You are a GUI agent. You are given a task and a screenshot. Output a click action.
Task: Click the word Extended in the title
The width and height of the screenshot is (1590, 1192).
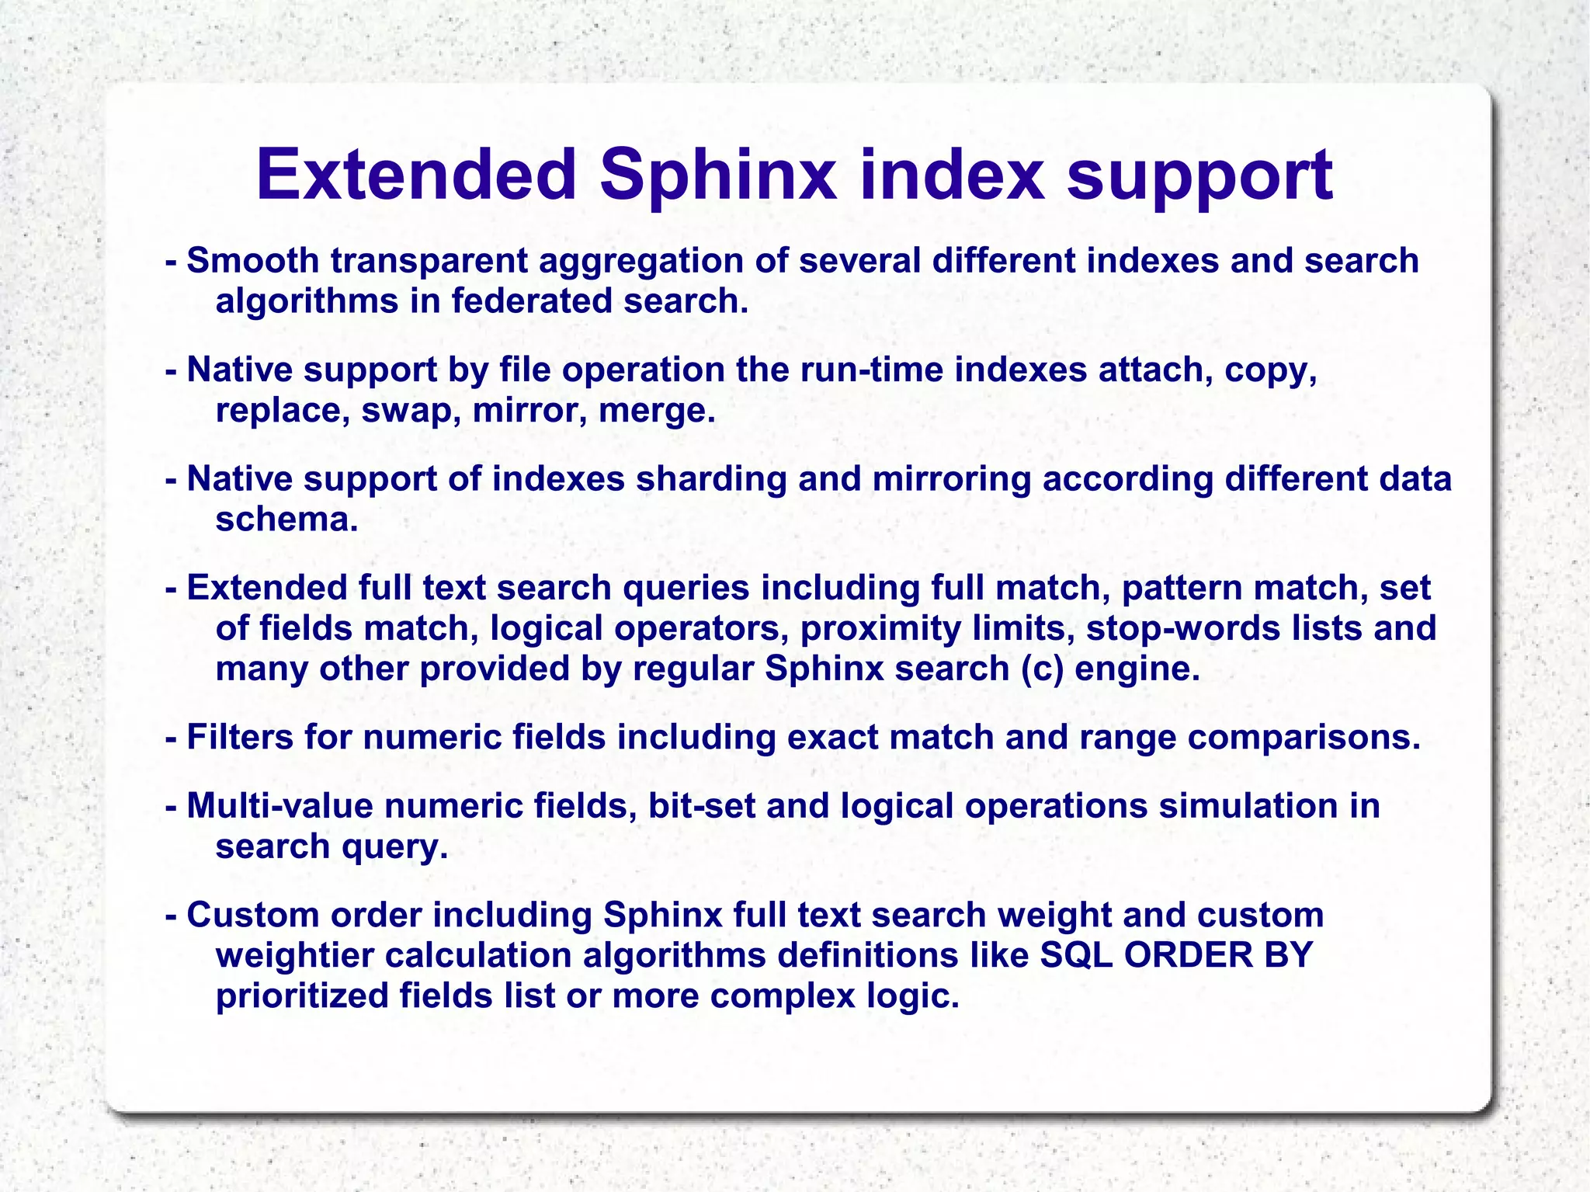(416, 175)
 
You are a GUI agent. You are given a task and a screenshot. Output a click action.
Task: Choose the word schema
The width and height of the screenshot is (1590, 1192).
(286, 520)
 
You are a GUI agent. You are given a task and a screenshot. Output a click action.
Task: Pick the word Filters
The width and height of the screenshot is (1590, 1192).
(240, 737)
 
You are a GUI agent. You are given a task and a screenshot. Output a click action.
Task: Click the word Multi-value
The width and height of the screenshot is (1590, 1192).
(280, 806)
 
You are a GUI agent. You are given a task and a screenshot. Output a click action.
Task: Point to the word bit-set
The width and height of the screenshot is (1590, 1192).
(702, 806)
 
